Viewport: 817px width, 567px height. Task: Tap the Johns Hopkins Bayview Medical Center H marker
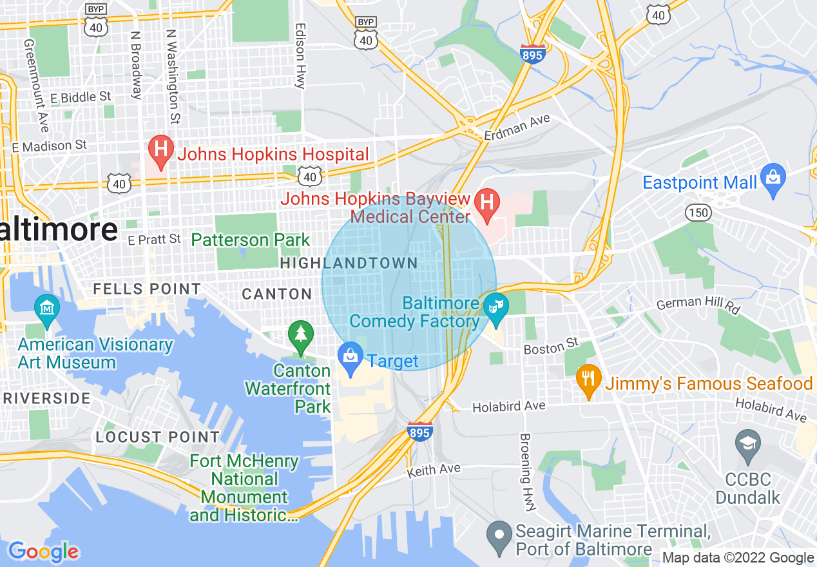tap(488, 204)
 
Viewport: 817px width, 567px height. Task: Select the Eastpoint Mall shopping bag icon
tap(772, 181)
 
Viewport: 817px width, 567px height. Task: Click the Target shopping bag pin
tap(351, 360)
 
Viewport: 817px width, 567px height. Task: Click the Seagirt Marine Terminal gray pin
tap(499, 538)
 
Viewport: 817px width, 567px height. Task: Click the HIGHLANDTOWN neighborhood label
tap(349, 263)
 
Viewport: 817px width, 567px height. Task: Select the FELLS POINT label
tap(147, 289)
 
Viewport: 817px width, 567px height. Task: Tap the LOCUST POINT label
tap(158, 437)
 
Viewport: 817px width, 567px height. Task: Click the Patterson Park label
tap(251, 240)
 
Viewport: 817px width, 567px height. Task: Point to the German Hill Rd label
tap(697, 306)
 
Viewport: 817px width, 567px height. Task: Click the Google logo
tap(43, 552)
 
